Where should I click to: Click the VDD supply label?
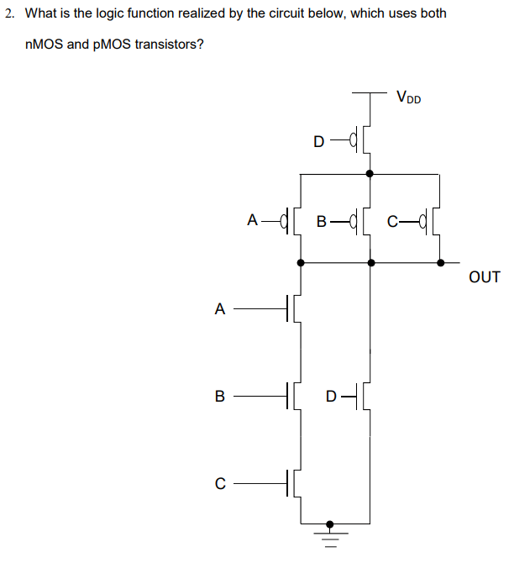point(408,97)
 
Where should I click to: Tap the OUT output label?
point(485,276)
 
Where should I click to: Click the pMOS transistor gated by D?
point(363,139)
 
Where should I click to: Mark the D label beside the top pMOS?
point(317,140)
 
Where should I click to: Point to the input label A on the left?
point(220,308)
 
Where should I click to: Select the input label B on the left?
point(220,395)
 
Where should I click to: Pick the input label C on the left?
point(220,483)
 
